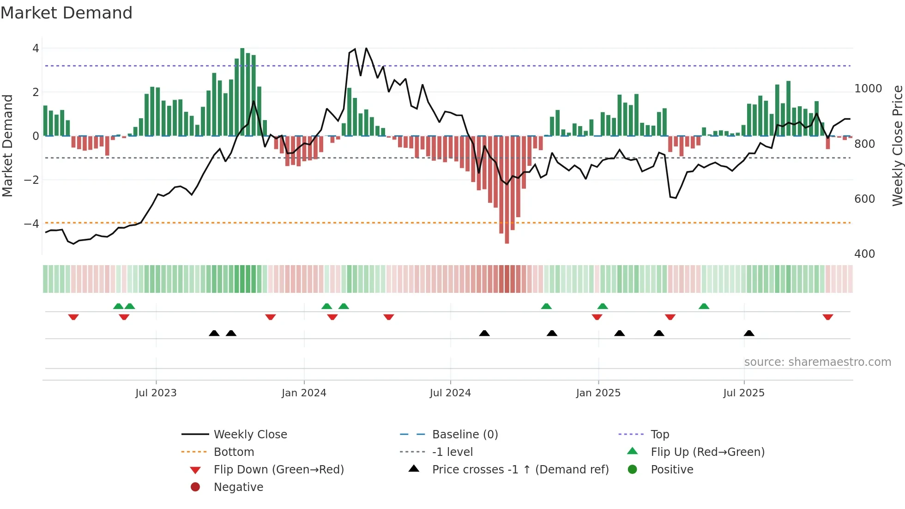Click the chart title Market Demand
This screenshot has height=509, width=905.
(x=66, y=13)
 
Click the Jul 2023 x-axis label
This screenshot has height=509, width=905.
(x=156, y=393)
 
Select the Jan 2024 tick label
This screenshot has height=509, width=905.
(x=304, y=393)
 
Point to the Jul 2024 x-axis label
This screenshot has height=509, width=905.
(x=450, y=393)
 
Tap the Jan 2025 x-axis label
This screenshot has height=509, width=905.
(x=598, y=393)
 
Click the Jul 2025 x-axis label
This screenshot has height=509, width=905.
(x=744, y=393)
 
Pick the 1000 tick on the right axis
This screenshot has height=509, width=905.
(x=868, y=89)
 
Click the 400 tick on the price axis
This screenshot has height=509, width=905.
(x=864, y=254)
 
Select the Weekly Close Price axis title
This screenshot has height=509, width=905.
(x=897, y=145)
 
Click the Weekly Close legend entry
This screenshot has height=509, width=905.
(x=250, y=435)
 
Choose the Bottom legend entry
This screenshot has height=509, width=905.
(x=234, y=452)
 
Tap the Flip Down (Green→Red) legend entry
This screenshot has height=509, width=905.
(x=278, y=470)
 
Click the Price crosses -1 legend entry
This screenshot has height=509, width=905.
(x=520, y=470)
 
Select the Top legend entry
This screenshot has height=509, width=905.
(x=659, y=435)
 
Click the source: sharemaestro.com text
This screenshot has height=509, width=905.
(x=817, y=362)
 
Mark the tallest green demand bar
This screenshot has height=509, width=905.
(x=242, y=92)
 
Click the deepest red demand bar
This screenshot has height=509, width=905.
(x=507, y=189)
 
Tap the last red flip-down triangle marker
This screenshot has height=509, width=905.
(x=827, y=317)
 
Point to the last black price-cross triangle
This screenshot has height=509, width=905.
(x=749, y=333)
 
